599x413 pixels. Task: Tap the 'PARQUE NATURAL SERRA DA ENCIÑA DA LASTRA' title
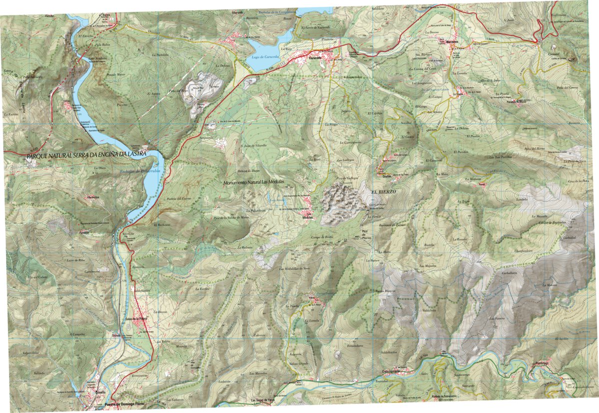(86, 156)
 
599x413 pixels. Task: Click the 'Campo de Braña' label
(322, 237)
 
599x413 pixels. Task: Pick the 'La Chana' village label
(459, 93)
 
